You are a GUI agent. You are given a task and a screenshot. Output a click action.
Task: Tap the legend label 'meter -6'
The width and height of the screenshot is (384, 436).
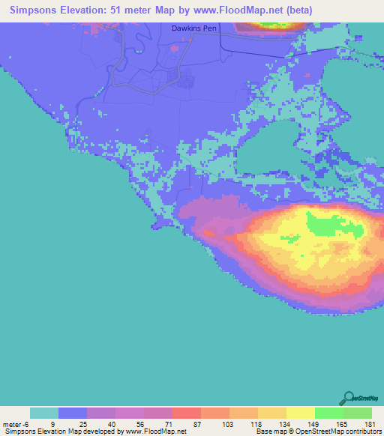point(16,423)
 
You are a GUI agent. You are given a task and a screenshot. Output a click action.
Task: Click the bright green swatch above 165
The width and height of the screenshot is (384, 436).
point(328,413)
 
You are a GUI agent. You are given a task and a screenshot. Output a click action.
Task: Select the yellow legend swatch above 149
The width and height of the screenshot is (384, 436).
point(300,413)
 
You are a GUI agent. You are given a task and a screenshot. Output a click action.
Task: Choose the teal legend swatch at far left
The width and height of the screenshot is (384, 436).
point(44,413)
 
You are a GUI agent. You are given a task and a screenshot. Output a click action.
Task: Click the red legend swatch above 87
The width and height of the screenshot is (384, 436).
point(186,413)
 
